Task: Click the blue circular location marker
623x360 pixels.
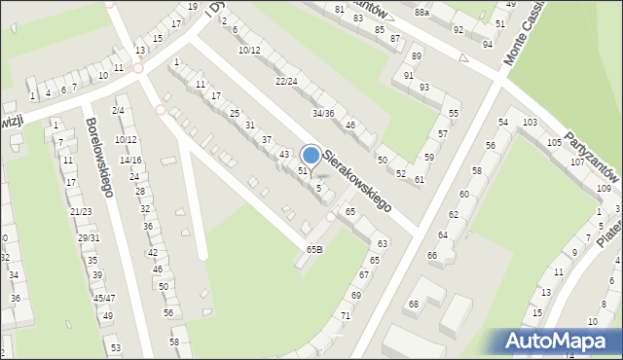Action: point(311,155)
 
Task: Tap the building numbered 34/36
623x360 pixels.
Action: point(323,114)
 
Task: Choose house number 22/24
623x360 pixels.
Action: point(286,81)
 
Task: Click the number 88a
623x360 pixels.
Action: point(421,13)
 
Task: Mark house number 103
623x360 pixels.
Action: point(530,123)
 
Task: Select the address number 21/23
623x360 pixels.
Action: point(81,211)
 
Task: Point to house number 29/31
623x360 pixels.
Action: point(89,238)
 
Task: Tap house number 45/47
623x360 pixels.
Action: point(104,299)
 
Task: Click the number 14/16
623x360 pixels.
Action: point(130,161)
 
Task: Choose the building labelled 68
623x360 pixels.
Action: point(413,305)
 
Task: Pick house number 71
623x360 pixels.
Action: point(346,317)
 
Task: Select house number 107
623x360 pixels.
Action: point(577,162)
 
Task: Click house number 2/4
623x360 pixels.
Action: point(118,111)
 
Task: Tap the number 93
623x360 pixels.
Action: point(424,88)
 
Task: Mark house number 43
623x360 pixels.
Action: point(284,155)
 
